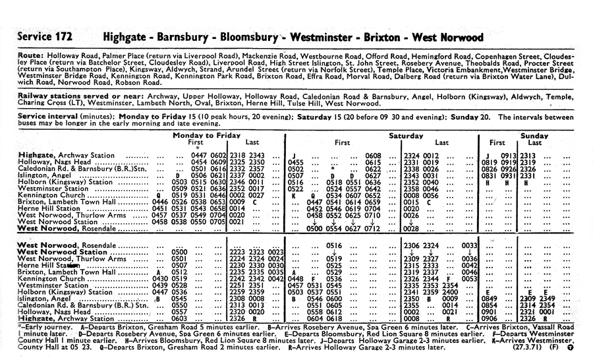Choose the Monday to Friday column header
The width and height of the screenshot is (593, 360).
coord(207,135)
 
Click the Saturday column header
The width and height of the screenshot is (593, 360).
coord(406,135)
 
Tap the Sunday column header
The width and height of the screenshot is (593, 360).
coord(534,135)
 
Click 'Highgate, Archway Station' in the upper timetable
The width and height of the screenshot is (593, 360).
coord(68,156)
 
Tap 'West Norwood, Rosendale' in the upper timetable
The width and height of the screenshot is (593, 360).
coord(68,229)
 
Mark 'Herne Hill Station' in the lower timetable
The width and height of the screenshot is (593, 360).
coord(53,265)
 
